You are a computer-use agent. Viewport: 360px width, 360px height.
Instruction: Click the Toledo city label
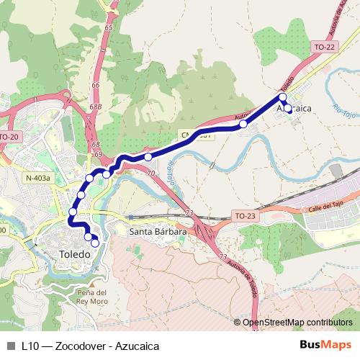pos(75,254)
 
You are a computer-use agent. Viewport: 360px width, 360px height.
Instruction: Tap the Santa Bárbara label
pos(157,232)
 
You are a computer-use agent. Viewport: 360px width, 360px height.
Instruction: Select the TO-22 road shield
pos(325,47)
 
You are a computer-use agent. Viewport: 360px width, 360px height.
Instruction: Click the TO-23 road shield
pos(245,215)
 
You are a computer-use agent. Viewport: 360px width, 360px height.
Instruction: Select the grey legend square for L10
pos(9,346)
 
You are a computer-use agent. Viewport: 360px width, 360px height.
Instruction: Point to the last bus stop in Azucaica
pos(288,109)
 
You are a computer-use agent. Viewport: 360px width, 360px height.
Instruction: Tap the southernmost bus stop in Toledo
pos(94,243)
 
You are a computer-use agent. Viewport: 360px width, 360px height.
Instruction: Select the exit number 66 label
pos(95,85)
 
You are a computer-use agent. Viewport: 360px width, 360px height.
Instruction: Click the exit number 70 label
pos(149,174)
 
